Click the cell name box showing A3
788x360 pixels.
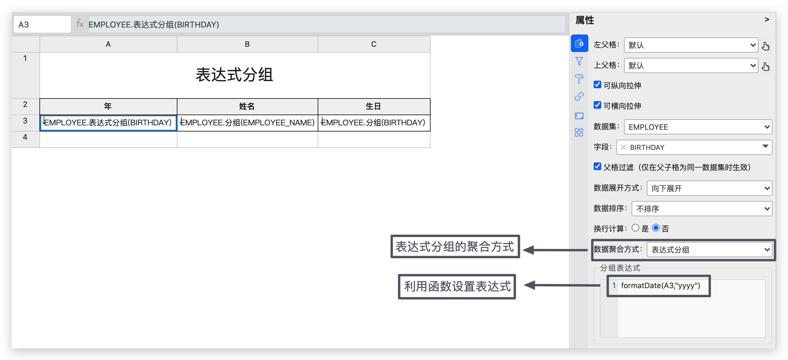click(42, 25)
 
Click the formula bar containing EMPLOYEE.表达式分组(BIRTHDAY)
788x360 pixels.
click(326, 25)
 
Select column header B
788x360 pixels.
click(247, 44)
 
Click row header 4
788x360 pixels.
click(25, 137)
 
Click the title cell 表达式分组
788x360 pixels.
click(235, 75)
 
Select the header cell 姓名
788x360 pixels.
click(247, 106)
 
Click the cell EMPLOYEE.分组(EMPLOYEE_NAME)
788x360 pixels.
click(247, 123)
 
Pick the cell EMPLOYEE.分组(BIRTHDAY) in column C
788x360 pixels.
click(374, 123)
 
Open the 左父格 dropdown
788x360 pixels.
click(691, 45)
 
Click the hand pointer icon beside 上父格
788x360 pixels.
click(766, 66)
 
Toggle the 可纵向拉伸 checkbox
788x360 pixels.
click(597, 85)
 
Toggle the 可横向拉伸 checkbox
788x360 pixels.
click(597, 105)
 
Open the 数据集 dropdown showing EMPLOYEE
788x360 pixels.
click(698, 127)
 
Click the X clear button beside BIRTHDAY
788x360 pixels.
click(623, 148)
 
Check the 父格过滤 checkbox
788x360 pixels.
click(597, 166)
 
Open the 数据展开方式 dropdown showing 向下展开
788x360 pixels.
click(709, 188)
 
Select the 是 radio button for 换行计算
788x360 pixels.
click(635, 228)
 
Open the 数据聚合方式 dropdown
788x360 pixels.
click(709, 250)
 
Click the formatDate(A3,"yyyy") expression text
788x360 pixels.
click(660, 286)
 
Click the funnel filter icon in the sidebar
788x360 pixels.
click(579, 61)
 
